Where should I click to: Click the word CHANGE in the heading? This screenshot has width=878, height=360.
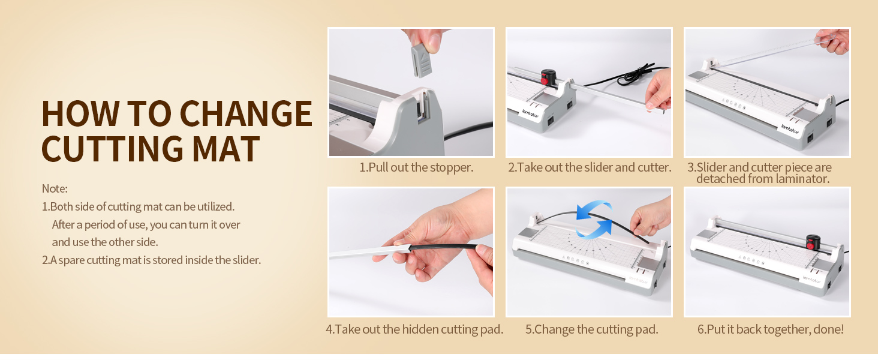point(246,113)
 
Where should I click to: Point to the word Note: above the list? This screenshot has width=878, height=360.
point(55,188)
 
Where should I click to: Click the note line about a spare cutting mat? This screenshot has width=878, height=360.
point(151,260)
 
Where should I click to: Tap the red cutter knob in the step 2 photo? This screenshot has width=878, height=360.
point(548,77)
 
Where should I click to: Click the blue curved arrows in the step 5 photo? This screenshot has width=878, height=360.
point(594,220)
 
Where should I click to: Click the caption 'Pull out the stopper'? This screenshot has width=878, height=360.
point(416,167)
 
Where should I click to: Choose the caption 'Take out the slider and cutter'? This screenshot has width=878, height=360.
point(589,167)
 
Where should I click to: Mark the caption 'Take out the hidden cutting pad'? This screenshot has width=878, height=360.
point(414,329)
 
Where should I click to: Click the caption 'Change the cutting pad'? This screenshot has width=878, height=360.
point(591,329)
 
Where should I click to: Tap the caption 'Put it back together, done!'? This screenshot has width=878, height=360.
point(770,329)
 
